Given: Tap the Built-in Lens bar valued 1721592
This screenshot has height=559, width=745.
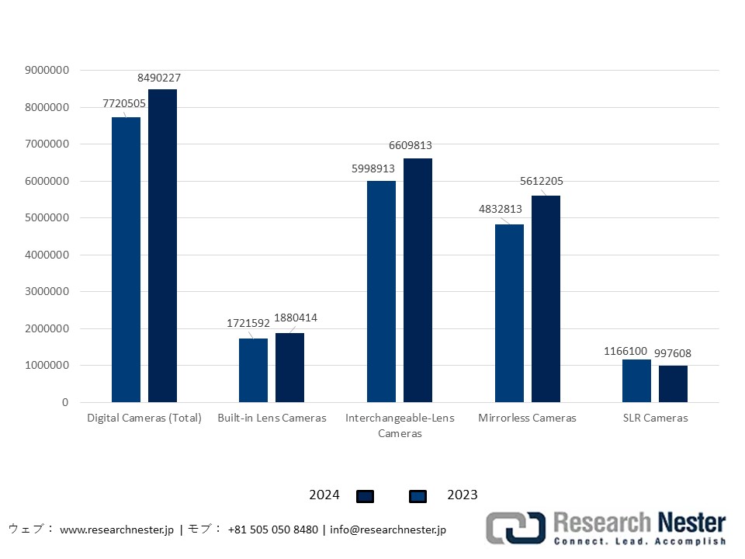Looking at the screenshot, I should click(253, 370).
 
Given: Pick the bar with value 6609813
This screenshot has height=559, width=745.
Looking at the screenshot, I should click(418, 280).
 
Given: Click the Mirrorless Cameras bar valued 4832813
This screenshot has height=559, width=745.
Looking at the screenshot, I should click(509, 313).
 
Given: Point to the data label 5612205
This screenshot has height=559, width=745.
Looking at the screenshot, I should click(542, 181).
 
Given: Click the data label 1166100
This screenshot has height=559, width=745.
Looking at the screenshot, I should click(625, 351).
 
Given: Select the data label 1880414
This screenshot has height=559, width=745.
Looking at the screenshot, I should click(296, 318).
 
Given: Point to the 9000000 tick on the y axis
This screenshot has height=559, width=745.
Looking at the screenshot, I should click(47, 70).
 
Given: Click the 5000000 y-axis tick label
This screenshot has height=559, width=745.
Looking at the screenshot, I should click(47, 218).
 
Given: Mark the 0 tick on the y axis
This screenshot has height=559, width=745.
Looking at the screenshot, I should click(65, 402).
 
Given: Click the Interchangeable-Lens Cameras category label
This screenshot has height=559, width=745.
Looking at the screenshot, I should click(400, 425).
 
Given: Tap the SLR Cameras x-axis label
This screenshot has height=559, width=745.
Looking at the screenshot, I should click(654, 418).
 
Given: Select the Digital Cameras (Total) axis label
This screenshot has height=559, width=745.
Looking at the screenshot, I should click(144, 418).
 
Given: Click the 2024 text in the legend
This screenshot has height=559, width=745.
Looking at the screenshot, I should click(324, 495).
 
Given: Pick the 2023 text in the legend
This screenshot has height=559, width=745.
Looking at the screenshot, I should click(463, 495).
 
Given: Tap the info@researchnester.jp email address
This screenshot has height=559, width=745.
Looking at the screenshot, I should click(388, 529).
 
